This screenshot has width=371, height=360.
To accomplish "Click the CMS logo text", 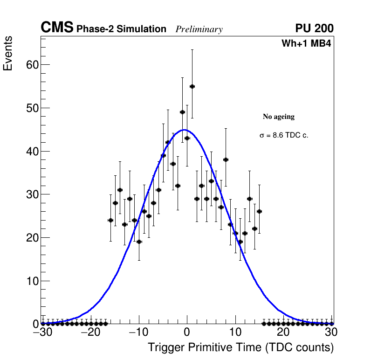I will coord(57,28).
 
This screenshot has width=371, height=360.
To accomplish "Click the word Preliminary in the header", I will coord(199,29).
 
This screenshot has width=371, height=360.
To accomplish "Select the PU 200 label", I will coord(315,28).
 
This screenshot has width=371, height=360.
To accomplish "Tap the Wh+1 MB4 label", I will coord(306,44).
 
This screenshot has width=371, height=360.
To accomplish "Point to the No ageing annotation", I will coord(279,117).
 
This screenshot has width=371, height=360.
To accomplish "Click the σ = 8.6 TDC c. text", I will coord(284,136).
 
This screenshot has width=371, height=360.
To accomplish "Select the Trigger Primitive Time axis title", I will coord(241,347).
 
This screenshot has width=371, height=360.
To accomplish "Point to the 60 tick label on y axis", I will coord(31,65).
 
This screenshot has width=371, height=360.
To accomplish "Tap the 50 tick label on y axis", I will coord(31,108).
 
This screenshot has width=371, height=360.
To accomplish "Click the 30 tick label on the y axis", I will coord(31,194).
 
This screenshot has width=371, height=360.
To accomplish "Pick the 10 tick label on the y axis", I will coord(31,281).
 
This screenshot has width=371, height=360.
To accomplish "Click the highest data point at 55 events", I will coord(192,86).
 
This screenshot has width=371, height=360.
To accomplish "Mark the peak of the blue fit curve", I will coord(185,130).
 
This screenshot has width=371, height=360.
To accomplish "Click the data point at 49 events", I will coord(182,112).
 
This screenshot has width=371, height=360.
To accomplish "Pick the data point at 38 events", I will coord(226,159).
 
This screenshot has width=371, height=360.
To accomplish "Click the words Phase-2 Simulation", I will coord(121,29).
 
